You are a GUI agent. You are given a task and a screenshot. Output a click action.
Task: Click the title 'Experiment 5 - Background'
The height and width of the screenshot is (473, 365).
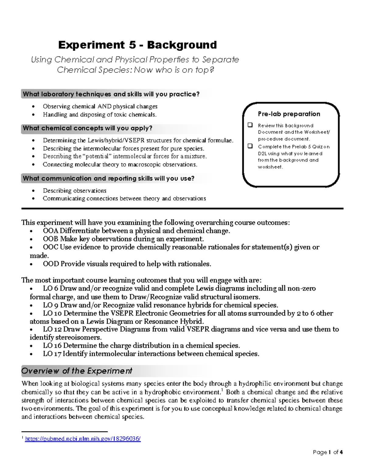click(137, 45)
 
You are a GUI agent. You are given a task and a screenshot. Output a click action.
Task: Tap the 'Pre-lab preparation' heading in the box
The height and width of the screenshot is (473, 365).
click(289, 114)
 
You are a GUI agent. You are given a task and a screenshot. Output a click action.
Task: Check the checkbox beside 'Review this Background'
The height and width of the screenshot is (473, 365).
click(250, 125)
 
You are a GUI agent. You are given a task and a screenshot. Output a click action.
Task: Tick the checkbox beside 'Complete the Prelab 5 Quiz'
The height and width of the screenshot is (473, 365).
click(250, 146)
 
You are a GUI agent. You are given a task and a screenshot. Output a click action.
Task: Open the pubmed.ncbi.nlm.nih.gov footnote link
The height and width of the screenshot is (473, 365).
click(83, 439)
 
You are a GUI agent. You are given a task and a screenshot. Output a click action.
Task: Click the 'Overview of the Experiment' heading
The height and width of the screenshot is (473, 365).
click(77, 371)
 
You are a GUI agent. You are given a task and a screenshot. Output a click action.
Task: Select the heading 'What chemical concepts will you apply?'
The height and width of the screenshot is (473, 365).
click(88, 128)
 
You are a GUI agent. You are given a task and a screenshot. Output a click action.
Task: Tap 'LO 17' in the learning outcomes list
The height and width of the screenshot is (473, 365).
click(52, 354)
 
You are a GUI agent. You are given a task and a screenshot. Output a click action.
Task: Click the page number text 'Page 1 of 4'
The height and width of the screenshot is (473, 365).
click(328, 452)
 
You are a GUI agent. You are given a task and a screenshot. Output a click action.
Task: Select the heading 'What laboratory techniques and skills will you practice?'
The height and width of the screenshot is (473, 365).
click(111, 94)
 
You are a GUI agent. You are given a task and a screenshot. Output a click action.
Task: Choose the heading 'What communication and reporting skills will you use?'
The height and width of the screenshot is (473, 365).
click(109, 178)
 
